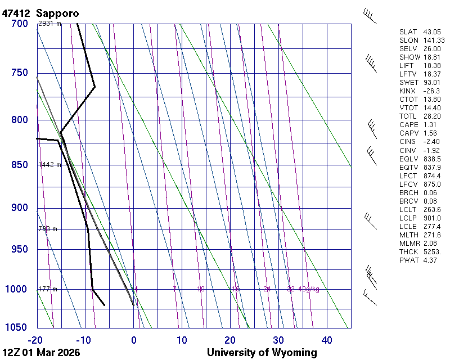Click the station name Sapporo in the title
tap(57, 12)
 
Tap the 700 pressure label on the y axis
tap(19, 24)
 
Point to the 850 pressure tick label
tap(19, 165)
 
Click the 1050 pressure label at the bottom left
tap(17, 328)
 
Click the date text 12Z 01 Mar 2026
tap(41, 353)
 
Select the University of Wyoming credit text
tap(262, 353)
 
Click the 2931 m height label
tap(49, 24)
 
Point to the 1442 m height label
tap(49, 165)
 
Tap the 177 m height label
tap(48, 289)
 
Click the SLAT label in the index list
tap(409, 32)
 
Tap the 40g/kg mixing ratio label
tap(309, 289)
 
